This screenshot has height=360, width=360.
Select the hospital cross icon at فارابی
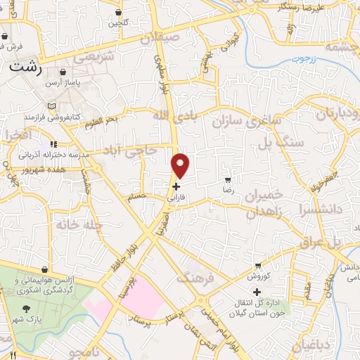point(176,186)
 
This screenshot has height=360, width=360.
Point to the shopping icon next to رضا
point(227,179)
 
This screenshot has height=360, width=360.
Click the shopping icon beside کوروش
point(259,266)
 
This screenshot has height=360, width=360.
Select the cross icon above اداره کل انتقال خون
point(257,292)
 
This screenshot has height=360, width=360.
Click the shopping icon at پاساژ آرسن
point(63,72)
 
